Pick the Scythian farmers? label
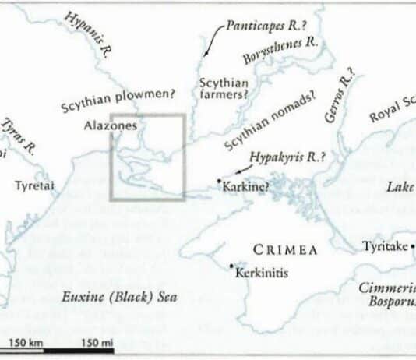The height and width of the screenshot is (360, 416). (224, 88)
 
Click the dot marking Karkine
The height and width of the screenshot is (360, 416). (219, 181)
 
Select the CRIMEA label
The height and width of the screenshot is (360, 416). (286, 250)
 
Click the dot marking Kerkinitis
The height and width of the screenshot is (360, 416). (232, 266)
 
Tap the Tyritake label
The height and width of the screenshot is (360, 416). (385, 247)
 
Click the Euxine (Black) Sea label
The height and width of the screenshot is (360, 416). (120, 297)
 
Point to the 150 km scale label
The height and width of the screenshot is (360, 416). (26, 343)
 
